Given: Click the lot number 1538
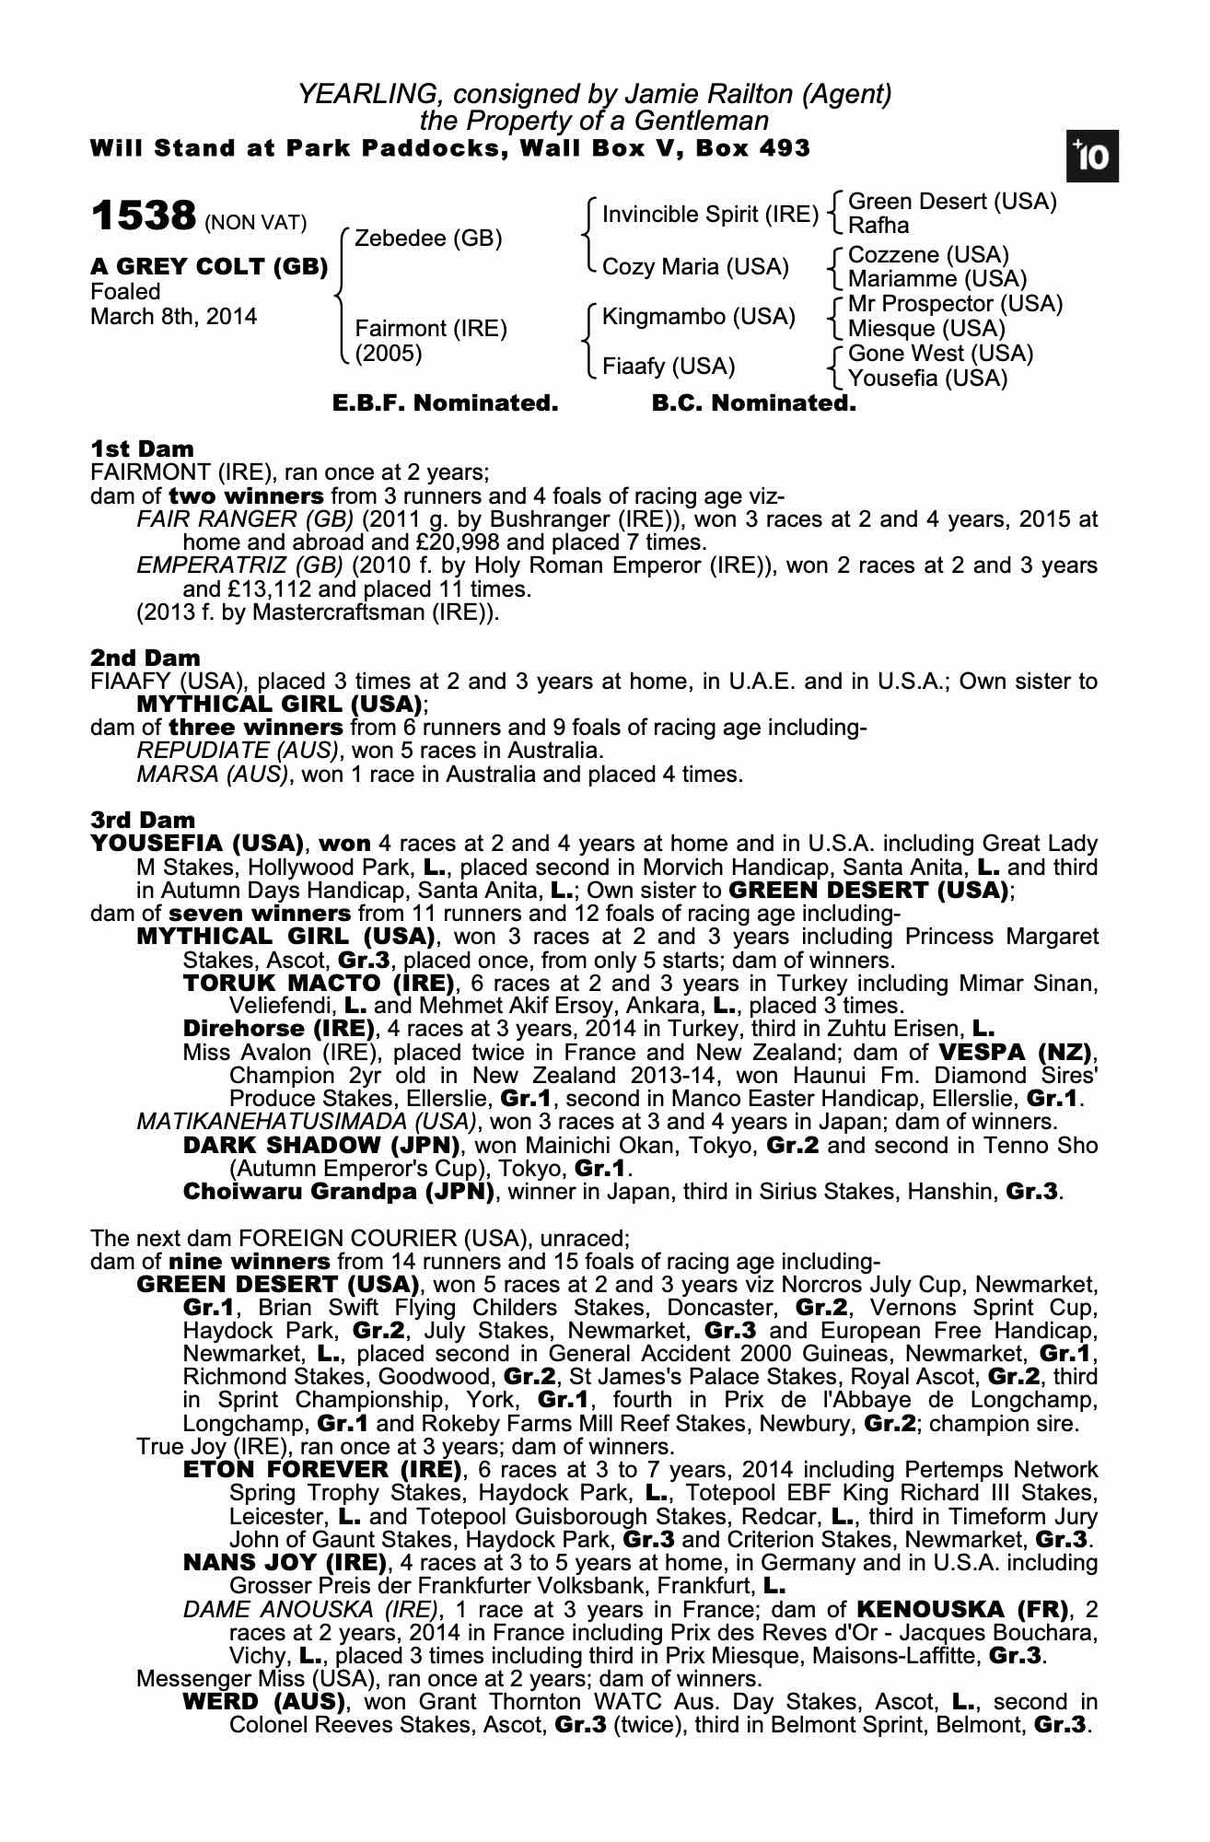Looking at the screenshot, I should [x=144, y=216].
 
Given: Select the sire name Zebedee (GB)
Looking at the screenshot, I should [x=428, y=239].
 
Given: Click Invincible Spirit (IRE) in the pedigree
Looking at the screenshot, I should [x=710, y=215].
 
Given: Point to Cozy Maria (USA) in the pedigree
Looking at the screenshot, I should [x=695, y=267].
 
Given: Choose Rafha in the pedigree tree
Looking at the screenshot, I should [x=878, y=226].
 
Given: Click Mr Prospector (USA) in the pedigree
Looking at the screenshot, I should [x=955, y=304].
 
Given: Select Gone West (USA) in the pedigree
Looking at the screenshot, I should [x=940, y=354].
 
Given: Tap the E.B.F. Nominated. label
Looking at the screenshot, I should [x=445, y=403].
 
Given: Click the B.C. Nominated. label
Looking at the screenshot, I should [x=753, y=403].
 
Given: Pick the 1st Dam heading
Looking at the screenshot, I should [x=143, y=449].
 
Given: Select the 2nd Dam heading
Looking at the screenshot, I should [x=145, y=658].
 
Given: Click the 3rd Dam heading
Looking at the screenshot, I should [x=143, y=820].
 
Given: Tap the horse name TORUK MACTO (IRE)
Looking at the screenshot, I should [x=320, y=983].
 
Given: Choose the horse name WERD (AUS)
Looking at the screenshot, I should [x=263, y=1701].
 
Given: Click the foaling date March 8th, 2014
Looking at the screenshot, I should [x=174, y=317].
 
